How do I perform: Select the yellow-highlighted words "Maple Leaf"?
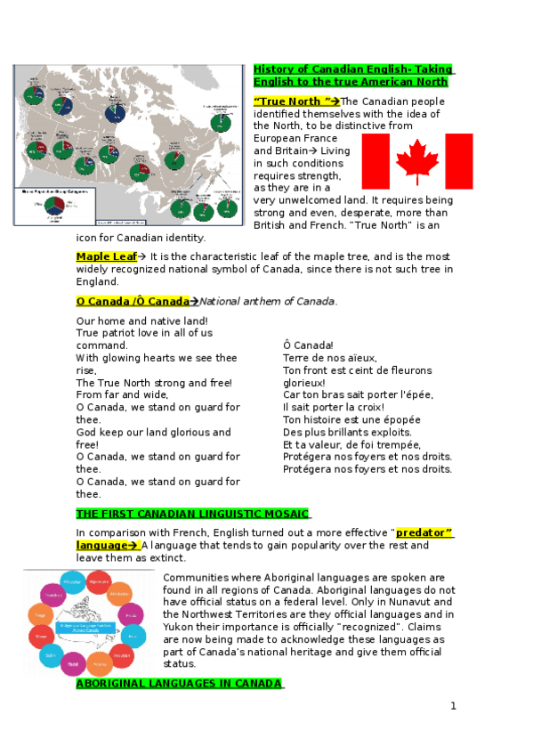click(x=106, y=256)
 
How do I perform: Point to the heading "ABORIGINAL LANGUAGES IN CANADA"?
click(x=179, y=683)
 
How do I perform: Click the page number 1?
click(x=453, y=706)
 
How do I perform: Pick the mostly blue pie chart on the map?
click(x=115, y=112)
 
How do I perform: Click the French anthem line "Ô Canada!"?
click(x=308, y=345)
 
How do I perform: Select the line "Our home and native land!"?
click(x=142, y=321)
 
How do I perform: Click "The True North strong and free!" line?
click(x=154, y=383)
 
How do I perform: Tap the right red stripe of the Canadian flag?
click(x=459, y=161)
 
